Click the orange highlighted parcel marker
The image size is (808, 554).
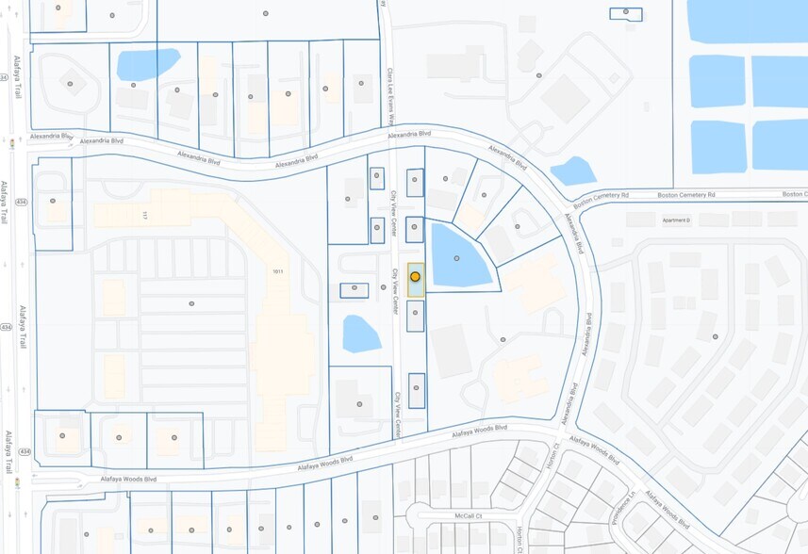[x=415, y=277]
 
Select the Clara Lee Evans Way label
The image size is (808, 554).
[x=390, y=94]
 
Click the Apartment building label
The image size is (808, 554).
[x=676, y=220]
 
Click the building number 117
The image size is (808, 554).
[x=145, y=216]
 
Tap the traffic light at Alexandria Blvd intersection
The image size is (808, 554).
[x=12, y=144]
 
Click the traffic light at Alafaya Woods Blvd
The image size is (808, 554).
[x=16, y=482]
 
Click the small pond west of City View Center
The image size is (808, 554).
[x=361, y=333]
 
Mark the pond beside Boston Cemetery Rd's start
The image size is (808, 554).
[x=572, y=171]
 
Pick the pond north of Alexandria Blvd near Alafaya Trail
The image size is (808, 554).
[x=146, y=64]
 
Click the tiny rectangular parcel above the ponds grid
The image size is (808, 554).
[x=626, y=13]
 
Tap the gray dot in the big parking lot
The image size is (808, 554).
[x=191, y=303]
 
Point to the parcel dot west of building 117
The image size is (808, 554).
[x=53, y=201]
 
